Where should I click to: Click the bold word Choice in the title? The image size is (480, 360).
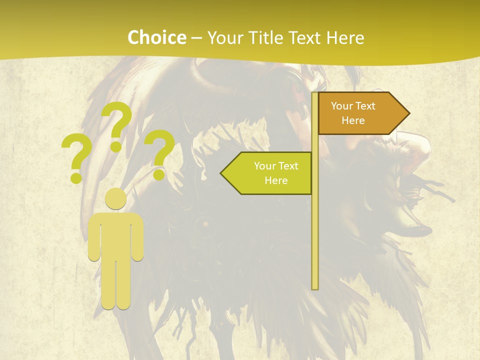pos(156,37)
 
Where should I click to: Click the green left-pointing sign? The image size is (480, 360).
pos(270,173)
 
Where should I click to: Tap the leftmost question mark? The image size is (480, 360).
pos(76,152)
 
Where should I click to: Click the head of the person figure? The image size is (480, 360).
pos(116,198)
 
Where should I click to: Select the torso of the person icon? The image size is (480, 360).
pos(116,235)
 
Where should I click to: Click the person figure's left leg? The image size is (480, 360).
pos(109,285)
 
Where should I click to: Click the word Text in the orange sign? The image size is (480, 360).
pos(365,106)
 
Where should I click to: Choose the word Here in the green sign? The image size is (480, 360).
pos(276,180)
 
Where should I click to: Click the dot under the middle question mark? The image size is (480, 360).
pos(116,146)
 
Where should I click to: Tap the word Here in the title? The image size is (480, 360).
pos(345,37)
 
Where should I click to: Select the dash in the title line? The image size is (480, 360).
pos(196,38)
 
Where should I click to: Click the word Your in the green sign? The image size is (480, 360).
pos(264,166)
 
